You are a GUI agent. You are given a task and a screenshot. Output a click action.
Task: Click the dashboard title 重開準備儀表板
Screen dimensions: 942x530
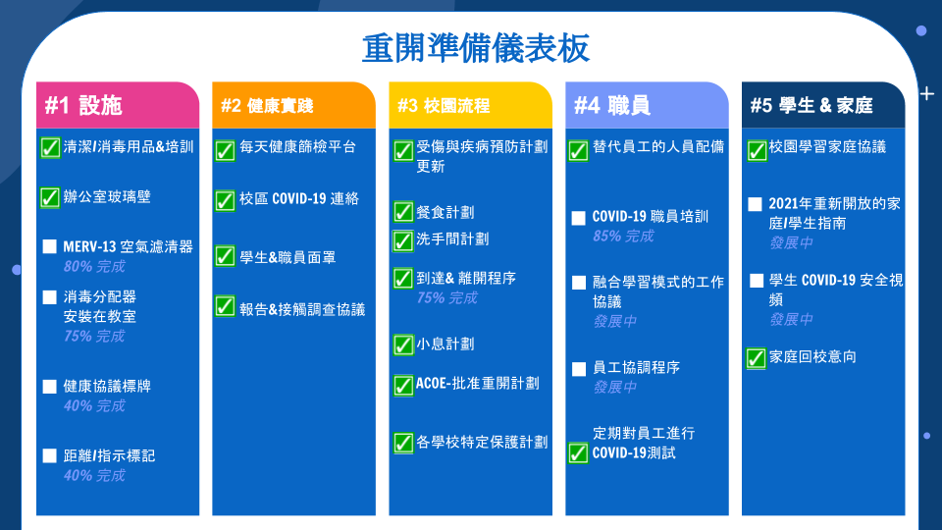(475, 49)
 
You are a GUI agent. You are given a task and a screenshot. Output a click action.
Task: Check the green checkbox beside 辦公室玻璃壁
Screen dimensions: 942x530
(50, 197)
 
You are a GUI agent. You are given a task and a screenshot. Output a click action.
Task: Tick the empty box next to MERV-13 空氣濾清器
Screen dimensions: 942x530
(50, 246)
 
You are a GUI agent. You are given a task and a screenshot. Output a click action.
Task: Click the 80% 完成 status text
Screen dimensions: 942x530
(94, 266)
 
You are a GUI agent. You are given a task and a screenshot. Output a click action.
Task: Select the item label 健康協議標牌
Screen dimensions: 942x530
(107, 386)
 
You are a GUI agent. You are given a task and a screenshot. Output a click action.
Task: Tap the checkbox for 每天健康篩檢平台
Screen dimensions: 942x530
(226, 149)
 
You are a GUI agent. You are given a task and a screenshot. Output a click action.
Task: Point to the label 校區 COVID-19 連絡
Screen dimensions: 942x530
(299, 198)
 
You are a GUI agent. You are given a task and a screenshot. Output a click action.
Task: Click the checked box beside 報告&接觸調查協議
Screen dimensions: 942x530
(226, 306)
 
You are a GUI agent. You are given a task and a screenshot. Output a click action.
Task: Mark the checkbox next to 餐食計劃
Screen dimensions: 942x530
(403, 212)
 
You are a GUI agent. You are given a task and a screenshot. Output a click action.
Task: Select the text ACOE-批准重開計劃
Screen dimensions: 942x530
(478, 384)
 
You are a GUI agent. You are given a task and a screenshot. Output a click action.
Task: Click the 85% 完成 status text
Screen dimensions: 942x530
(623, 237)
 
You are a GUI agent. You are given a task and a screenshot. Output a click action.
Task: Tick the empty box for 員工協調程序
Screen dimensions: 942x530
(579, 369)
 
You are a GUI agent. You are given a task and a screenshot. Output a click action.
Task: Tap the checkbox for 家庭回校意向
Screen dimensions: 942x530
(757, 358)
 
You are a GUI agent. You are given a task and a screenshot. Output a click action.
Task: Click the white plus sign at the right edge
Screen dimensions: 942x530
(927, 94)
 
